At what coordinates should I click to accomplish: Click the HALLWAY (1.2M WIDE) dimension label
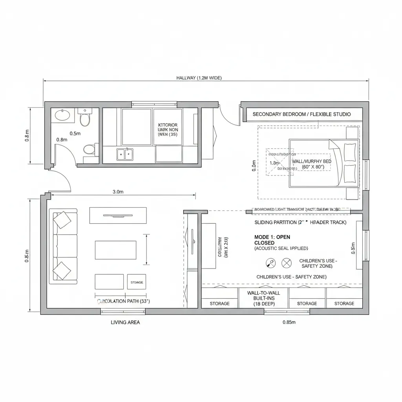[199, 78]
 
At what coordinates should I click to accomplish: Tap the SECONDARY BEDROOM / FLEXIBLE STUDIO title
[301, 114]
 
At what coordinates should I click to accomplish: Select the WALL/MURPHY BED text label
[311, 161]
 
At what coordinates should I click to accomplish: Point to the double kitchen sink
[125, 154]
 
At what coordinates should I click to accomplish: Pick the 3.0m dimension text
[118, 192]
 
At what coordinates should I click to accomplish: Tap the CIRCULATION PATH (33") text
[123, 301]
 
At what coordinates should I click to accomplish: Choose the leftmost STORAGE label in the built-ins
[219, 303]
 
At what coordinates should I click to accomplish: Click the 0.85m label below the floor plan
[289, 322]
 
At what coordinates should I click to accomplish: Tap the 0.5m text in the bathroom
[75, 133]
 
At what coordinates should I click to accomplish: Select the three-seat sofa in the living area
[63, 246]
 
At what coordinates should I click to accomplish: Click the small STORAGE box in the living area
[136, 282]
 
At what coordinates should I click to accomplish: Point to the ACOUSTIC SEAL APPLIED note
[281, 248]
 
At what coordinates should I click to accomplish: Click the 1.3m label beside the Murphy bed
[274, 163]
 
